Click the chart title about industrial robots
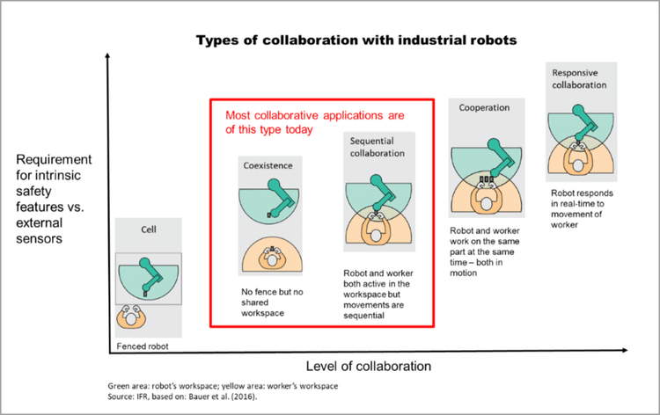(x=356, y=40)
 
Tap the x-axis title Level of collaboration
(x=369, y=367)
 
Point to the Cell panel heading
(x=149, y=229)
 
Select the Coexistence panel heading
(x=268, y=165)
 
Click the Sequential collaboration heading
(x=378, y=147)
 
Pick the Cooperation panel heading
(x=484, y=107)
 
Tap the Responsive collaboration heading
(x=579, y=78)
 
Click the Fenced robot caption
(x=143, y=346)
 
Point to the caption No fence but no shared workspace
(x=272, y=302)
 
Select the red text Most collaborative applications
(x=315, y=115)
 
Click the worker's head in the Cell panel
(x=131, y=319)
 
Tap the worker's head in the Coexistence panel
(x=272, y=260)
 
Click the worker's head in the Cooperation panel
(x=487, y=204)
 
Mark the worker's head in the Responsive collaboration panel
(x=578, y=165)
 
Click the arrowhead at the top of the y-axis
(x=107, y=55)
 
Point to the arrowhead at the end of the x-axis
(x=625, y=350)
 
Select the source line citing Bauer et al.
(x=182, y=397)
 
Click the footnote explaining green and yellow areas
(x=223, y=386)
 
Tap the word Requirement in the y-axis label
(x=54, y=160)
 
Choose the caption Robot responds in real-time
(x=583, y=209)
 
